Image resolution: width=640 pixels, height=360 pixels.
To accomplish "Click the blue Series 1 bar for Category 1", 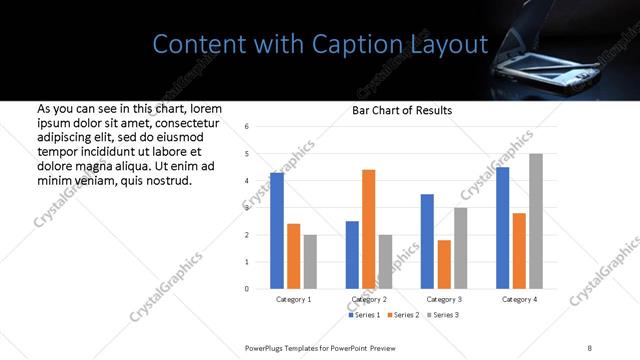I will click(277, 231).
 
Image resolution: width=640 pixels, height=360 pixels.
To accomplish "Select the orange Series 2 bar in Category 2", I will click(368, 229).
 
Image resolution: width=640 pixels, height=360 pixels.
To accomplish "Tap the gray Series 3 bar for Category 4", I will click(536, 221).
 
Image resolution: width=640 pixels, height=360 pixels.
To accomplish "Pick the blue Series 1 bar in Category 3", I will click(427, 241).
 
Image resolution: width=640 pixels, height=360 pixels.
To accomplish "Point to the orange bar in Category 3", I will click(444, 264).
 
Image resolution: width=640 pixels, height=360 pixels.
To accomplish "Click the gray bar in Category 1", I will click(310, 262).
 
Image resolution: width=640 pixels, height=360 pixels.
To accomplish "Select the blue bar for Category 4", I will click(503, 228).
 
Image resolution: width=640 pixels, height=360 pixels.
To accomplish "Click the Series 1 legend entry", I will click(364, 316).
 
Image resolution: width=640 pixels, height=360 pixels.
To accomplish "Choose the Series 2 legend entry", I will click(402, 316).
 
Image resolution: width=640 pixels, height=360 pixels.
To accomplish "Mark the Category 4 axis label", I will click(519, 299).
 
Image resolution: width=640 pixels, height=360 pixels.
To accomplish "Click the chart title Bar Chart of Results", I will click(402, 110).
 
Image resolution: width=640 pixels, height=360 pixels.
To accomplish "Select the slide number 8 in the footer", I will click(589, 346).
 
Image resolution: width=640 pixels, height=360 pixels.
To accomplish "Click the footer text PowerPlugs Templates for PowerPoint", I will click(321, 346).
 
